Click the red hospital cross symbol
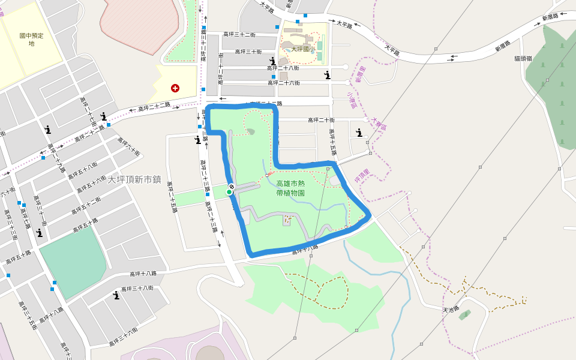pos(175,88)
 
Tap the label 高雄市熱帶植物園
pos(290,189)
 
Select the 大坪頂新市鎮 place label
pos(134,179)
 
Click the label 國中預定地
pos(31,40)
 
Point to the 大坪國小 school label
pos(303,49)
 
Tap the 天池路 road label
pos(450,310)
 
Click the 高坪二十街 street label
pos(321,120)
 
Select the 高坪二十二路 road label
pos(154,107)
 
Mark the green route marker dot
pos(229,192)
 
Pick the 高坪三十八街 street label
pos(137,288)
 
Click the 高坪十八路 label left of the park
pos(143,274)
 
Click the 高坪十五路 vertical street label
pos(331,142)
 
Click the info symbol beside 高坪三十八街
pos(116,295)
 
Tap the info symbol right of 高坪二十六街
pos(327,75)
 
